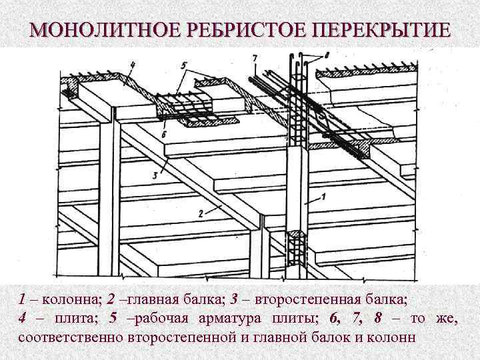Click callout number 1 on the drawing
click(x=323, y=197)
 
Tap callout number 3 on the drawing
click(x=155, y=175)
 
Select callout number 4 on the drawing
click(x=133, y=65)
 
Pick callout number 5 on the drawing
click(x=185, y=65)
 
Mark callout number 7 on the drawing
click(x=255, y=59)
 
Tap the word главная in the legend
click(x=150, y=299)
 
